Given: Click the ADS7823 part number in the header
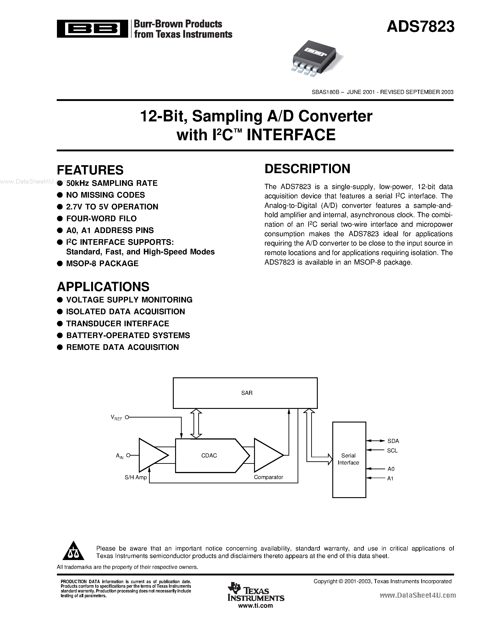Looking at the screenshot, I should coord(420,27).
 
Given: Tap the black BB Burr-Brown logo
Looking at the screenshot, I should coord(92,29).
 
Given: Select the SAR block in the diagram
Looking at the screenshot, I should coord(245,393).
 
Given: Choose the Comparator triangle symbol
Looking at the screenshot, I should coord(267,455).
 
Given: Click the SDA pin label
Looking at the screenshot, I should coord(393,441).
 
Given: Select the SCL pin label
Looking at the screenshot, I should coord(392,451).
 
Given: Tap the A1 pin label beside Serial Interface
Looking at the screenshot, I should coord(390,479).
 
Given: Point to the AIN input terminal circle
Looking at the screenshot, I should coord(128,455).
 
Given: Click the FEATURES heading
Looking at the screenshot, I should coord(90,170).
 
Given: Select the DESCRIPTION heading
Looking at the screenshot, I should coord(307,169).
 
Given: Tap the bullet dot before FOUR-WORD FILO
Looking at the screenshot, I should coord(60,219).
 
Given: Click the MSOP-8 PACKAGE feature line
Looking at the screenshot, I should coord(102,263).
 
